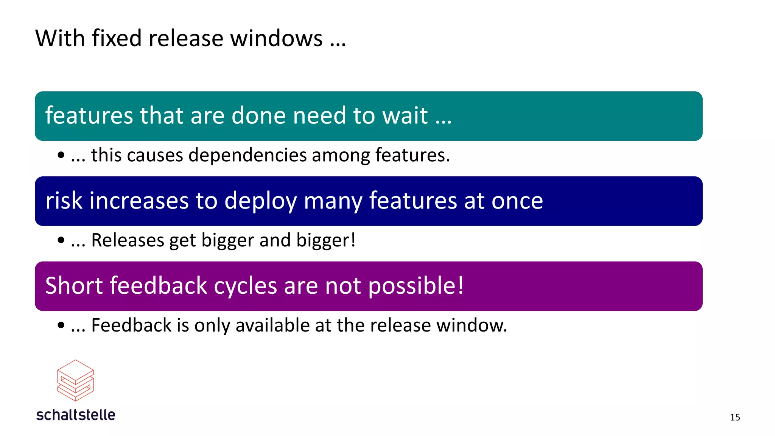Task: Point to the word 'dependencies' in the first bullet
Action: click(x=247, y=156)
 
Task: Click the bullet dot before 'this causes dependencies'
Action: click(x=61, y=155)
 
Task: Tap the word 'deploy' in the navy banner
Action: click(x=260, y=201)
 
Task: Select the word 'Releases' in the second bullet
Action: click(x=128, y=240)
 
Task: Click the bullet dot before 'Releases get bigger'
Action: click(x=61, y=240)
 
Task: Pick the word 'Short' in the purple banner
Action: click(x=74, y=285)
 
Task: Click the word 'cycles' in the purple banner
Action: click(x=245, y=286)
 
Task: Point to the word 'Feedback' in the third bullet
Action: click(x=131, y=325)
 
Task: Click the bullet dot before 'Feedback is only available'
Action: click(x=61, y=325)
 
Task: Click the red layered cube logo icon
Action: click(x=75, y=380)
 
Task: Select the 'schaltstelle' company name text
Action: click(x=76, y=415)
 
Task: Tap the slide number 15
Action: click(x=735, y=417)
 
